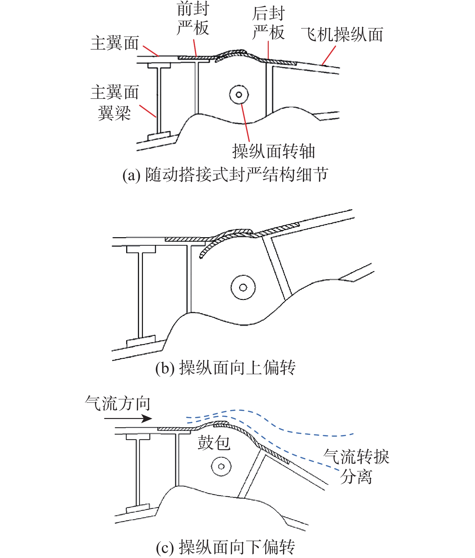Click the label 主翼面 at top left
(x=115, y=43)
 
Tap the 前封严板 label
(x=193, y=19)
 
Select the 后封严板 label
(x=268, y=23)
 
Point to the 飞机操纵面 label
(x=342, y=35)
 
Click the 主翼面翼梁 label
(x=115, y=102)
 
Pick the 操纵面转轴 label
(x=274, y=151)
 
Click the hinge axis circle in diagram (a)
(x=239, y=95)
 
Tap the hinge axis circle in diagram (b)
(x=243, y=287)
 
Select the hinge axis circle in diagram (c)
(x=221, y=466)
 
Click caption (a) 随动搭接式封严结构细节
(x=225, y=175)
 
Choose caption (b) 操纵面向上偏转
(x=225, y=368)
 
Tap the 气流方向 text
(x=118, y=404)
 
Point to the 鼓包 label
(x=214, y=443)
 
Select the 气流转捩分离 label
(x=356, y=466)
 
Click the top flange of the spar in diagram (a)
(x=159, y=65)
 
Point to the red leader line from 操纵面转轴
(x=245, y=122)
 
